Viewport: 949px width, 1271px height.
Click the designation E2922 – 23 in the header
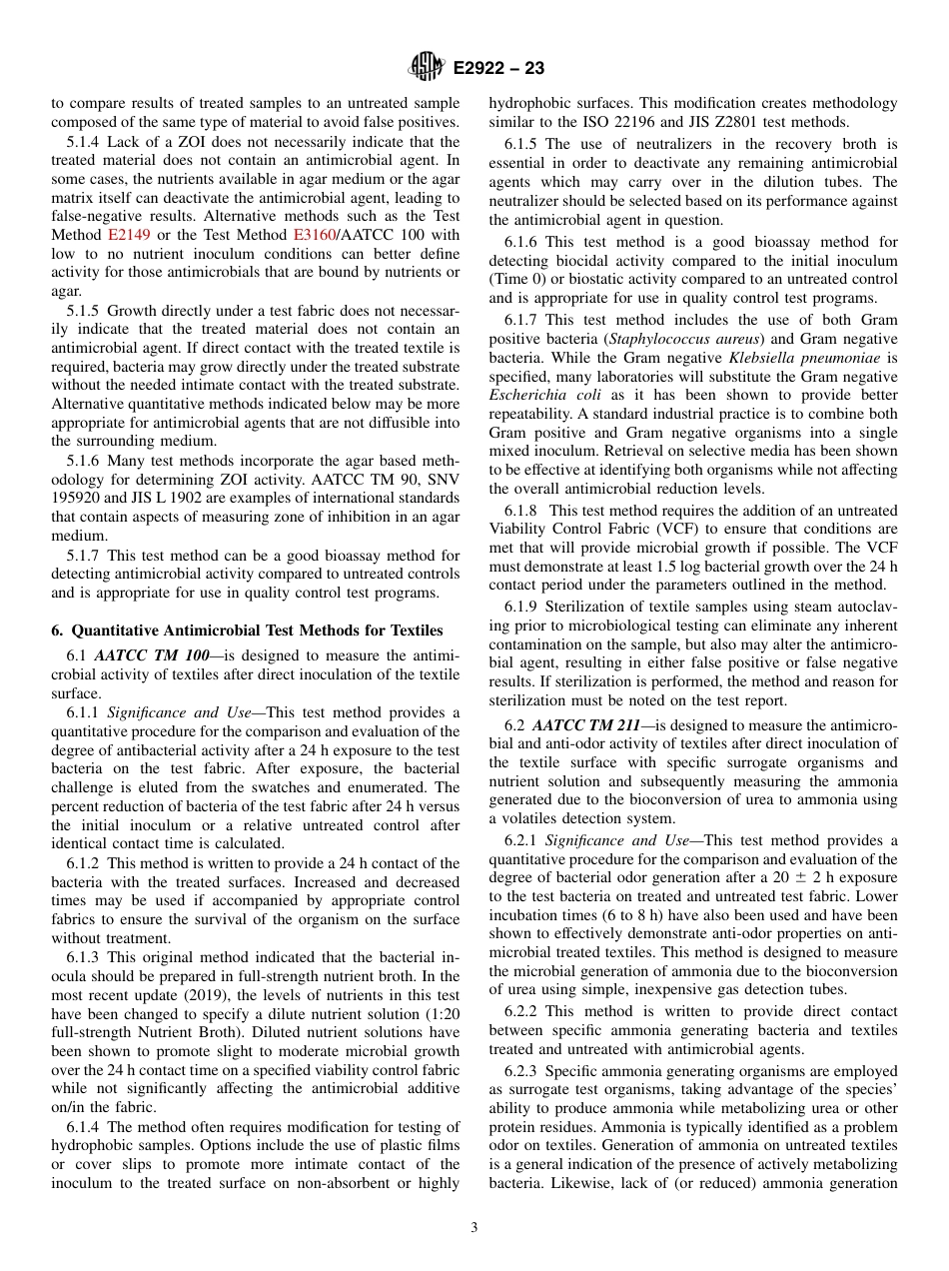tap(498, 69)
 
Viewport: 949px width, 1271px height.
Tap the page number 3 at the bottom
tap(474, 1228)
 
